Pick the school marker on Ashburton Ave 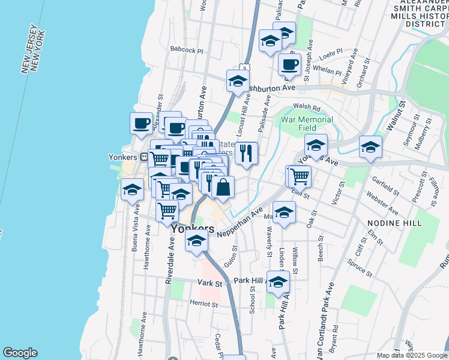pos(238,80)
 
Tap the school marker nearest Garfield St pos(371,146)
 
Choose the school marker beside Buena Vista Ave pos(132,190)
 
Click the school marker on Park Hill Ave pos(278,281)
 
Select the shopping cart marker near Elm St pos(299,176)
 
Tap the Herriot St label pos(203,304)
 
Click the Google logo pos(20,353)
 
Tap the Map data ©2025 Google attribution pos(411,355)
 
